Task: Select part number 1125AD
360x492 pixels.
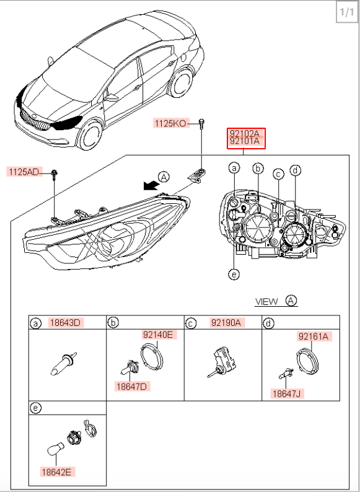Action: click(25, 172)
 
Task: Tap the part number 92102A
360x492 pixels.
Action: click(246, 133)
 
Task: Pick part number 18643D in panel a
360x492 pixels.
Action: click(66, 322)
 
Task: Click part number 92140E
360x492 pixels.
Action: click(158, 335)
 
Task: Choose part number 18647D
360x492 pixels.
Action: click(132, 386)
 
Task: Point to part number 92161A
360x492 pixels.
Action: click(314, 336)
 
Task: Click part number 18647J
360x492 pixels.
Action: click(287, 393)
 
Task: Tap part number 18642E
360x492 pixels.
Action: click(57, 472)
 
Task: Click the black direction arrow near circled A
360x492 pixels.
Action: click(151, 185)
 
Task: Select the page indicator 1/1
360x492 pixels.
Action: click(347, 12)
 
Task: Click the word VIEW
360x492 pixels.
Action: click(267, 302)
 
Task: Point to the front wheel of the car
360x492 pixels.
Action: click(90, 136)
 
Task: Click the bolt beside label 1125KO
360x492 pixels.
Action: click(201, 124)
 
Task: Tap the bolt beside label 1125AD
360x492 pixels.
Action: click(55, 174)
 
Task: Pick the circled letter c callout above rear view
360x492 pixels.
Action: click(278, 174)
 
